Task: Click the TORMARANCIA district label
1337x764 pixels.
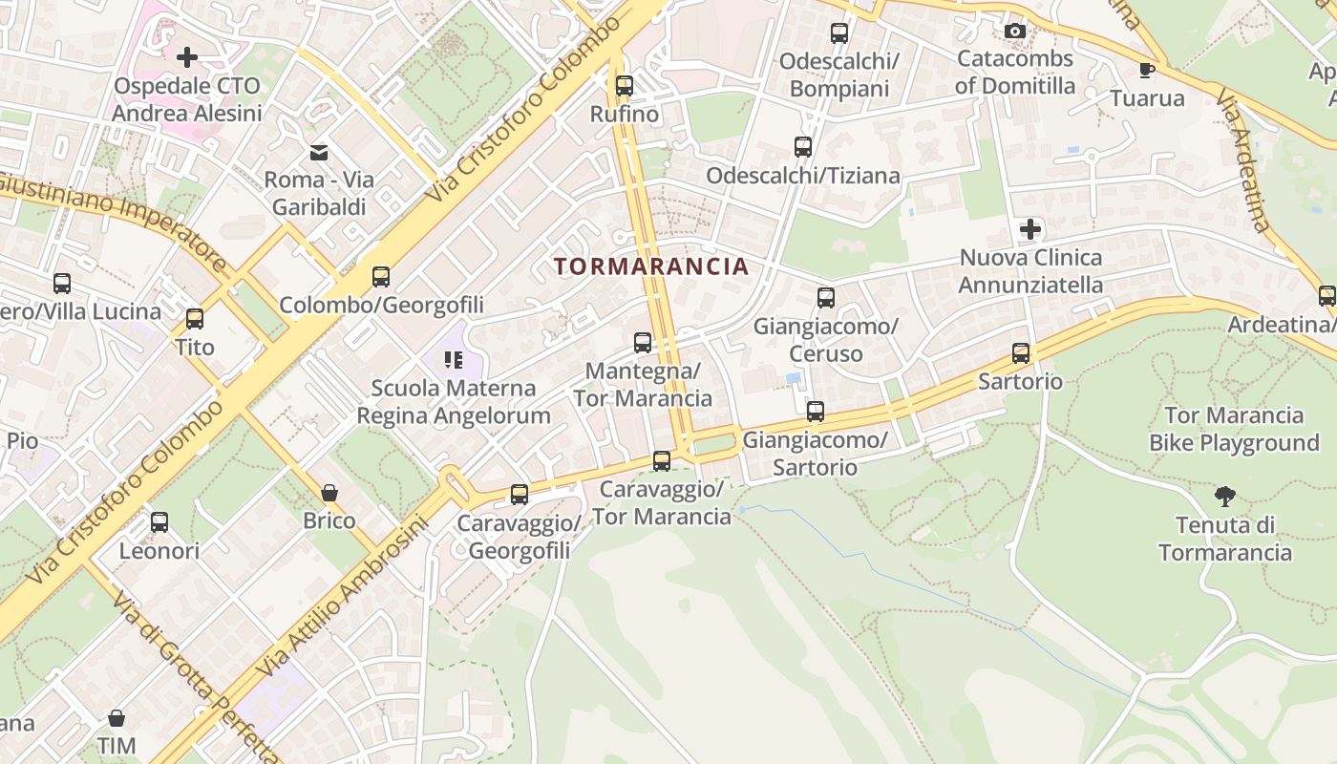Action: (651, 266)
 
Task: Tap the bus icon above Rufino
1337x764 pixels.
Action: (625, 86)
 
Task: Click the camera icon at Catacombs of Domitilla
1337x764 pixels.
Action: (1015, 32)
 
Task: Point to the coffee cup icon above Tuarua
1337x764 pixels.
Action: (1147, 70)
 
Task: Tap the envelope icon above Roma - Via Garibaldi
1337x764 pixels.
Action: (319, 152)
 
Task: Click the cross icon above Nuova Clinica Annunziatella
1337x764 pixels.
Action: (1030, 229)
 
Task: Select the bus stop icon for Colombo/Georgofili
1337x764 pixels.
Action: (381, 277)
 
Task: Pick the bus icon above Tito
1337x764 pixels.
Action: (195, 319)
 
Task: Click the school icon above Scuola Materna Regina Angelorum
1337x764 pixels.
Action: (454, 360)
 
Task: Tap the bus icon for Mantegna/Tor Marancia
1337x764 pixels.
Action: (643, 342)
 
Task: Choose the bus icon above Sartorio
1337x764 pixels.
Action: (1021, 353)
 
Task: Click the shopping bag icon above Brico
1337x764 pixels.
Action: (329, 493)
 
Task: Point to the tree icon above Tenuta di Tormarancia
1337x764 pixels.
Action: (1225, 496)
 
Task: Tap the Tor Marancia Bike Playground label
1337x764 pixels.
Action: (1234, 429)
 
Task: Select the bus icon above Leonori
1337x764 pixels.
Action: (159, 522)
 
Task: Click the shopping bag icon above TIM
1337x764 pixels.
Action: (117, 717)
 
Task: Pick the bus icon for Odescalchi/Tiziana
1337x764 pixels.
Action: (803, 147)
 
